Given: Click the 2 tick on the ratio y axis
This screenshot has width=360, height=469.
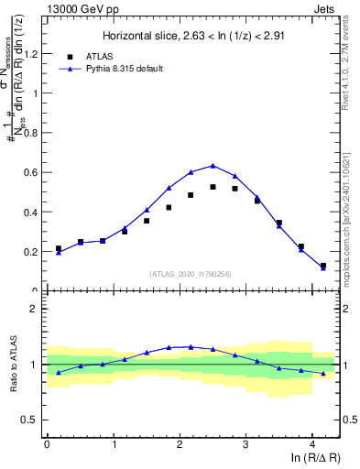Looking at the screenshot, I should (38, 310).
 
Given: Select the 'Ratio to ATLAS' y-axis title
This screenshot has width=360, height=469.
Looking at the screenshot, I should (13, 365).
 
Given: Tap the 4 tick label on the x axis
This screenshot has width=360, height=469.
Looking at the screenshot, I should (312, 444).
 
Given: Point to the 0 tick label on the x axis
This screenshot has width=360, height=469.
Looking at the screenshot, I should (47, 444).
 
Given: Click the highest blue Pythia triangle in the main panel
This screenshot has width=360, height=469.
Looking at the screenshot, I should (213, 166).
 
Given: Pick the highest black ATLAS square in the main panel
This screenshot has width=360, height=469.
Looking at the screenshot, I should (213, 187).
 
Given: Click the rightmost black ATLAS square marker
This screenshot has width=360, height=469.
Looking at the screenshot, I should (323, 266).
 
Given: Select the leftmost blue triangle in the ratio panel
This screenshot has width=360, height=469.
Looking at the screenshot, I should (59, 372).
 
